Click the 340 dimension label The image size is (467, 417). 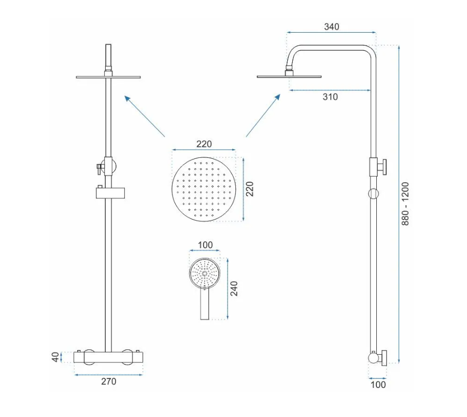coord(332,27)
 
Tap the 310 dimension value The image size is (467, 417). coord(330,97)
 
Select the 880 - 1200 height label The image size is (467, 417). coord(405,204)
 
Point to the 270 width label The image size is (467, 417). coord(108,381)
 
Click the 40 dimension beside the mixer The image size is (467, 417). coord(55,357)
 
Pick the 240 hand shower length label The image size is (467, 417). coord(234,288)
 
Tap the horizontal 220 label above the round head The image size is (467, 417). coord(204,144)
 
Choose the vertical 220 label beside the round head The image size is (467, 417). coord(250,189)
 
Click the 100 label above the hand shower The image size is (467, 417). coord(205,245)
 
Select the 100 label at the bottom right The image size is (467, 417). coord(378,385)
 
